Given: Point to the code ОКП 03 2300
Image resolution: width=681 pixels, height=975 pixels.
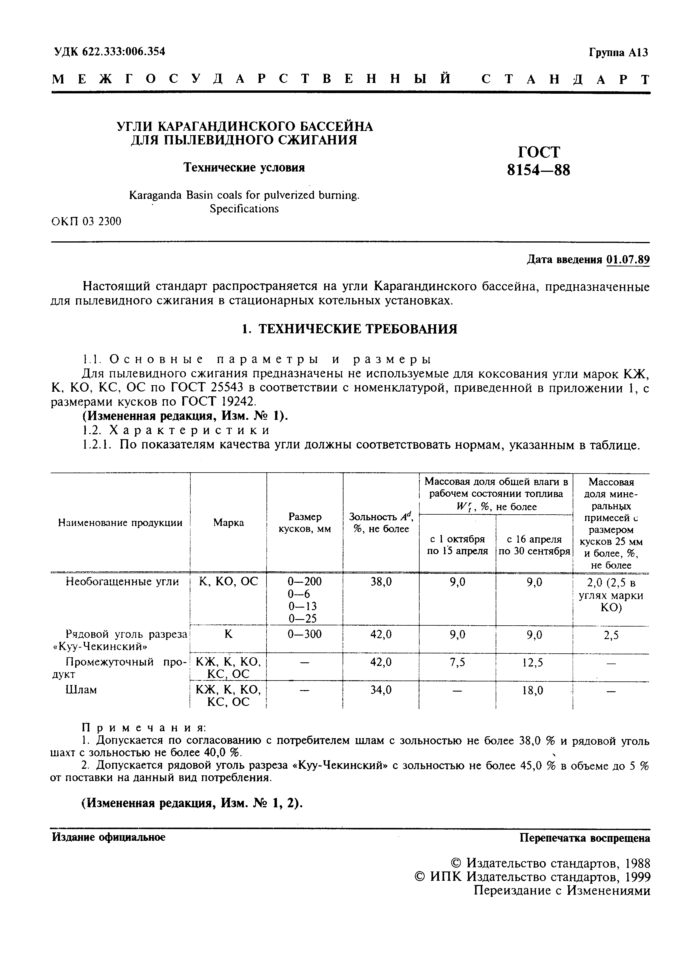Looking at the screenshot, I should (x=86, y=221).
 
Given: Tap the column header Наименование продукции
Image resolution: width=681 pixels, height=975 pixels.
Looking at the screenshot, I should (x=120, y=523).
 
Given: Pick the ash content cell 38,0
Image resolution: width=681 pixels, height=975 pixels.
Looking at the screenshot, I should (x=381, y=582).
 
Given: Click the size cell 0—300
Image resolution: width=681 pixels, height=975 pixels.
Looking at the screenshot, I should (x=304, y=634).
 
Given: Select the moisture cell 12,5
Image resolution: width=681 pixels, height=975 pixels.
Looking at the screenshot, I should (x=533, y=662).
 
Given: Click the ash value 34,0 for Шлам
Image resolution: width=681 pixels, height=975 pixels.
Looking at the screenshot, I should (x=381, y=690).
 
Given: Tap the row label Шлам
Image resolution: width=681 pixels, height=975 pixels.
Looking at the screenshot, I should (x=81, y=690).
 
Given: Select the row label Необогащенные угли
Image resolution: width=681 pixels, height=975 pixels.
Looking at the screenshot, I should (x=122, y=582).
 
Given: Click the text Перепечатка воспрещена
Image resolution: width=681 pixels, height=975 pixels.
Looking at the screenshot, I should (x=585, y=838).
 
